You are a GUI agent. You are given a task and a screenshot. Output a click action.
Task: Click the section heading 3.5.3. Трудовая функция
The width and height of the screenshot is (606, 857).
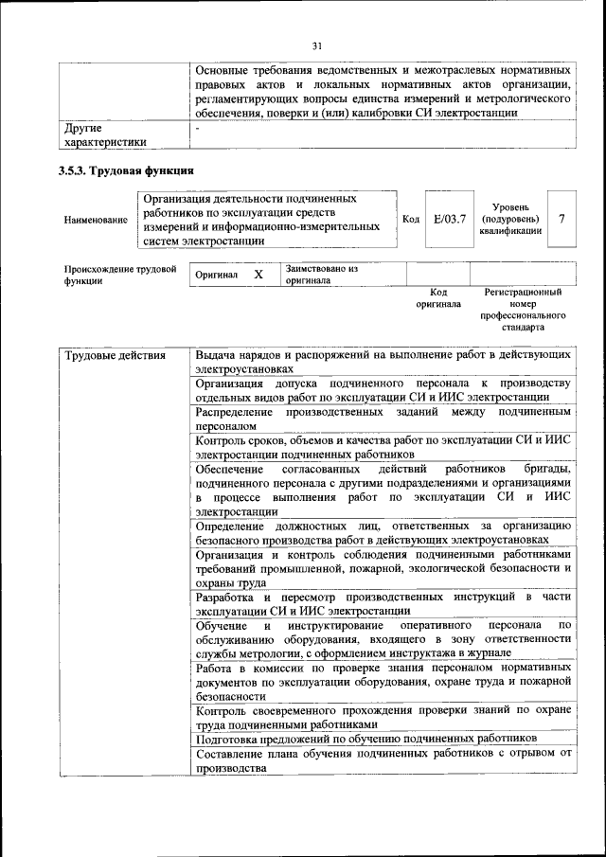[x=126, y=170]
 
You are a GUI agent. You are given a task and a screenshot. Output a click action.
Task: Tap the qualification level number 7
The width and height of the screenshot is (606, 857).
[x=562, y=219]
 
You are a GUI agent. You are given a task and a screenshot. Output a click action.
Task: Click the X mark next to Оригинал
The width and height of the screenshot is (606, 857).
[x=258, y=274]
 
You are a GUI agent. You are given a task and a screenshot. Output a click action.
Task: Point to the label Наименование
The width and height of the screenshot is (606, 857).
[x=95, y=220]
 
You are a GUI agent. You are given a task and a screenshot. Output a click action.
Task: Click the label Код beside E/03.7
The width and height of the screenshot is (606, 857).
[x=411, y=219]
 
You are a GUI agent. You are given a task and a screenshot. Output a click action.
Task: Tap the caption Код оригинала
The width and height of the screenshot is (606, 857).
[x=438, y=299]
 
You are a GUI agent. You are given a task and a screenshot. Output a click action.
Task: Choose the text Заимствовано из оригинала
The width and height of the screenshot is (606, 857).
[x=321, y=275]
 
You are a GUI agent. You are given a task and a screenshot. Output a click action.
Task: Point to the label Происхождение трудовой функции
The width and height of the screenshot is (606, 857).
[x=120, y=275]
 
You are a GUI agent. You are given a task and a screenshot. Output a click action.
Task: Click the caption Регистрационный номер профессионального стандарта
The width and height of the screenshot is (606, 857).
[x=523, y=310]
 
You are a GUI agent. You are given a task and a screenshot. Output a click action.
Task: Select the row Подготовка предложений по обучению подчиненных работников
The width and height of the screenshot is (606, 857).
[x=366, y=738]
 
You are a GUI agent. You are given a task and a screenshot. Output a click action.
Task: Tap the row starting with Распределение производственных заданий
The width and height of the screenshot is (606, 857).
[x=383, y=420]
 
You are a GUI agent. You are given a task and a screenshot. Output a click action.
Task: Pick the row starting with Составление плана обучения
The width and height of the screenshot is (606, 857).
[x=383, y=760]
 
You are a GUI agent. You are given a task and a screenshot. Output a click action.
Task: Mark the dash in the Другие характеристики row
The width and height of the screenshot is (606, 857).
[x=198, y=126]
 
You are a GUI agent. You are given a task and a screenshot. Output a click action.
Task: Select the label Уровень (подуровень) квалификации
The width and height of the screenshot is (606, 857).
[x=510, y=219]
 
